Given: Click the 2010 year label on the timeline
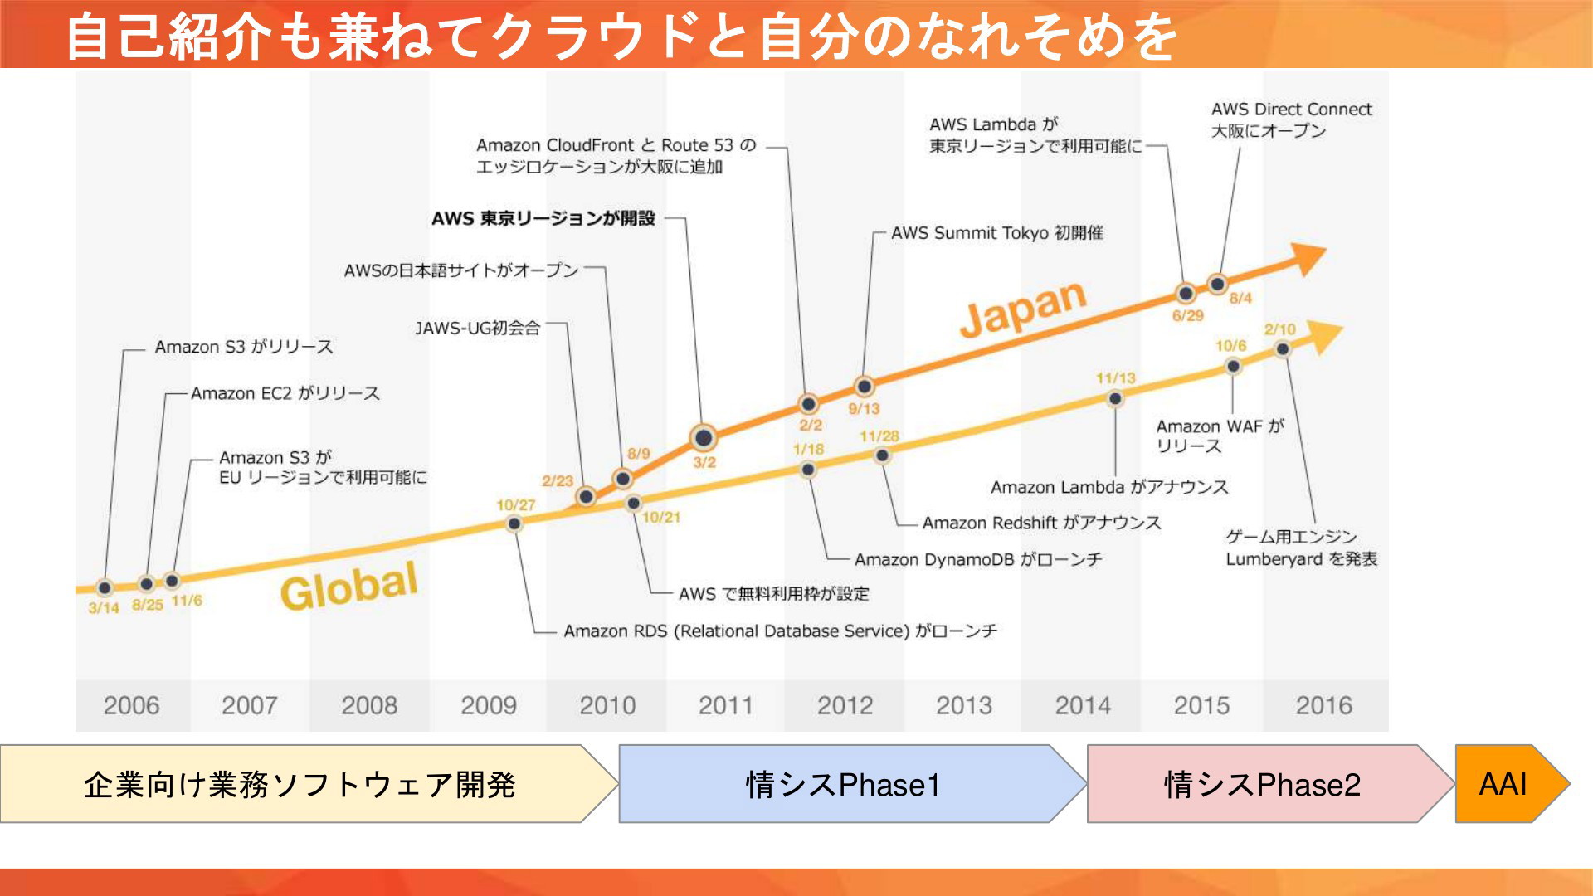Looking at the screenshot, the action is coord(607,705).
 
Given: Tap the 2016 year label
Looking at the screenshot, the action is coord(1324,705).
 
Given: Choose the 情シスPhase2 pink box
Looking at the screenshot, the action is coord(1270,784).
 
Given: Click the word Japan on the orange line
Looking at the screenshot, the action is coord(1023,308).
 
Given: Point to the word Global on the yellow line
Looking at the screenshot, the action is coord(348,586).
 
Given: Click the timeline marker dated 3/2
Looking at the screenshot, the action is coord(704,437).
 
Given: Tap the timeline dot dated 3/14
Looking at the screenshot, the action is coord(105,588).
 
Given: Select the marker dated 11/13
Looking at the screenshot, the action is coord(1115,399).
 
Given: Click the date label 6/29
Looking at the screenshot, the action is coord(1187,315).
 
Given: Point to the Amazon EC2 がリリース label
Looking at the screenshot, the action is coord(285,393).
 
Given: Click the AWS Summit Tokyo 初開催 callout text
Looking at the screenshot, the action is coord(997,233).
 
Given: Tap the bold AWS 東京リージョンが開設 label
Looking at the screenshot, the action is coord(543,218).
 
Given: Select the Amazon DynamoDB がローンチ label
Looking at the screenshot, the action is coord(978,560).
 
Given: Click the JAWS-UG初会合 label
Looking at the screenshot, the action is coord(478,329).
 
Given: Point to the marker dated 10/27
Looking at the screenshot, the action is coord(514,523).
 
